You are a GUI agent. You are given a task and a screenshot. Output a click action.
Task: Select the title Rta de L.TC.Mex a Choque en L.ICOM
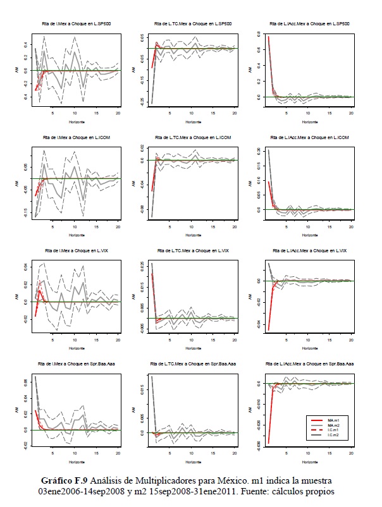tap(190, 137)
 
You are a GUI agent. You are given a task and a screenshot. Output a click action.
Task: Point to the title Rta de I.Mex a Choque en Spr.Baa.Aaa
tap(71, 365)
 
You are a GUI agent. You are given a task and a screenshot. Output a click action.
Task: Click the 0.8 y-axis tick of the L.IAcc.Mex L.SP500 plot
tap(259, 37)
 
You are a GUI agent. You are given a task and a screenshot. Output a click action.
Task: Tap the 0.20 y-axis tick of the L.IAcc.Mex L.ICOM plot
tap(259, 150)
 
